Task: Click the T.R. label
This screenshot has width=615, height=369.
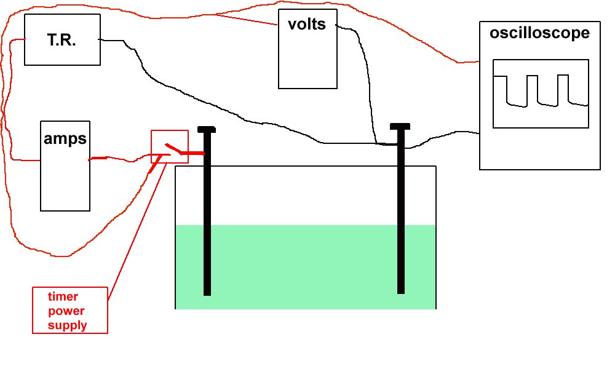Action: click(x=61, y=41)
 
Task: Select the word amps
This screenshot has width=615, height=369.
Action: click(x=65, y=139)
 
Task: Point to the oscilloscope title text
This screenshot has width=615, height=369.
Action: click(x=539, y=33)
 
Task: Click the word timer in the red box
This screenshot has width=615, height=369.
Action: click(x=63, y=296)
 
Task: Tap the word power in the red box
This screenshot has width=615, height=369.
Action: click(x=66, y=311)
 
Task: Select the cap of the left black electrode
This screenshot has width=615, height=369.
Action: click(x=207, y=129)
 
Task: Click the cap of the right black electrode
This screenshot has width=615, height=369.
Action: click(x=400, y=127)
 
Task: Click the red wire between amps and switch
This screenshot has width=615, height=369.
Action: click(x=120, y=159)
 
